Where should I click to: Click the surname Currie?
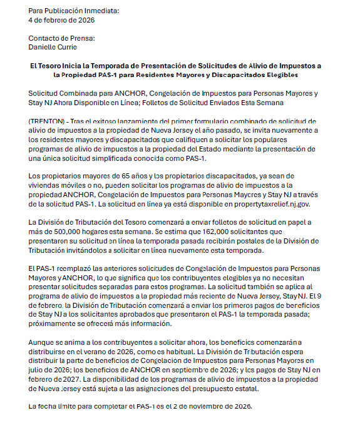click(69, 47)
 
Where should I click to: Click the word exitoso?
click(111, 120)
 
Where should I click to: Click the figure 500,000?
click(64, 232)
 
